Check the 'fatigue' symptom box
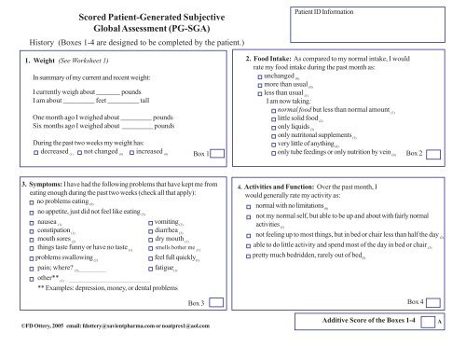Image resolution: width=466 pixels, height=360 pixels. (x=151, y=267)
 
